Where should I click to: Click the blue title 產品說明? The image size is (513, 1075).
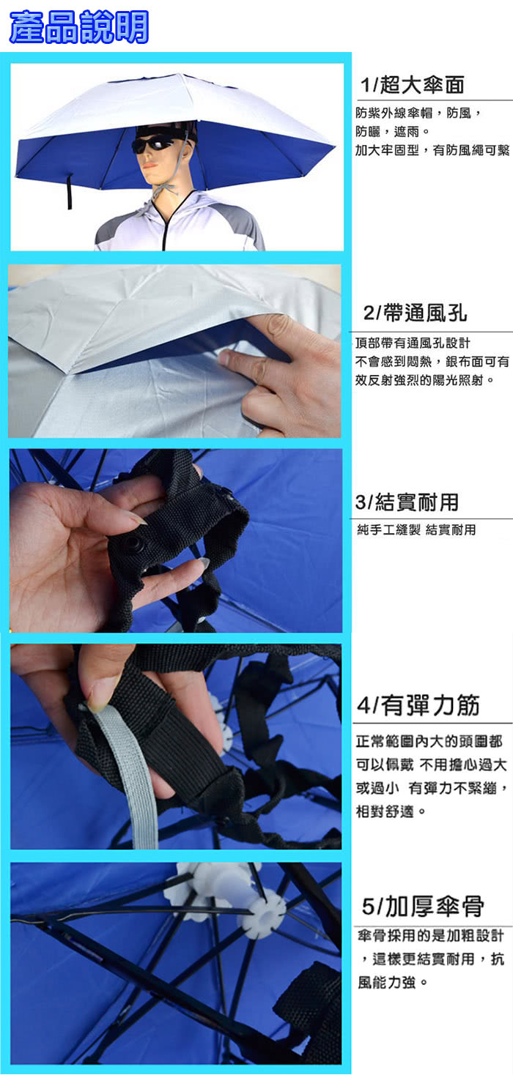(x=78, y=27)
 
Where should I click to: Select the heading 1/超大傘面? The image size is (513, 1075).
(x=413, y=85)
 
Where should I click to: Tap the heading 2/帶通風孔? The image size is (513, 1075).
(x=415, y=313)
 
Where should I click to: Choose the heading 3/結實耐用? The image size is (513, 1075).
(x=407, y=502)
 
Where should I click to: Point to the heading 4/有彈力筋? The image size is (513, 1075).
(x=418, y=705)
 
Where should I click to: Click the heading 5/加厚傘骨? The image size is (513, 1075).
(x=423, y=906)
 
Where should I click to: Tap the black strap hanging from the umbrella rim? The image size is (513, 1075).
(x=69, y=191)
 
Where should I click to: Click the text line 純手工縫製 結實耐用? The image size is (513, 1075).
(x=416, y=530)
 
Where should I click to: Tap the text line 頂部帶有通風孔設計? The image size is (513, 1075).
(x=413, y=343)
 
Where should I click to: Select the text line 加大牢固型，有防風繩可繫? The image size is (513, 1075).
(x=432, y=150)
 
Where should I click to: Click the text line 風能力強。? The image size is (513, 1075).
(x=392, y=982)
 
